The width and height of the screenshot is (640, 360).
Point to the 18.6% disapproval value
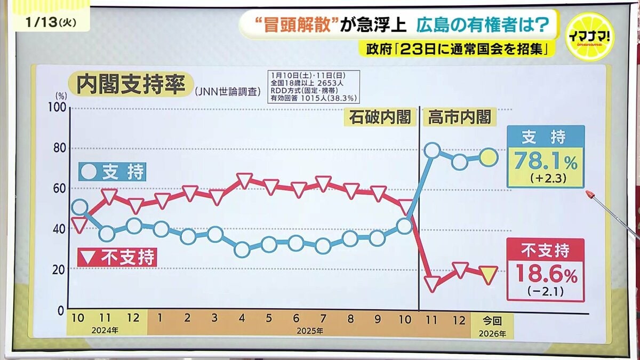pyautogui.click(x=545, y=275)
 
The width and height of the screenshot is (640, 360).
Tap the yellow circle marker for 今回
pyautogui.click(x=489, y=157)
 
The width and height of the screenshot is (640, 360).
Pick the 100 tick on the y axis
pyautogui.click(x=58, y=107)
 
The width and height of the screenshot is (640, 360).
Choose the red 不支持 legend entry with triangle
pyautogui.click(x=117, y=258)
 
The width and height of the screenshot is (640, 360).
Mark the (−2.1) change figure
pyautogui.click(x=545, y=292)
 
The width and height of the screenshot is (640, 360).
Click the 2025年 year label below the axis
pyautogui.click(x=309, y=331)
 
